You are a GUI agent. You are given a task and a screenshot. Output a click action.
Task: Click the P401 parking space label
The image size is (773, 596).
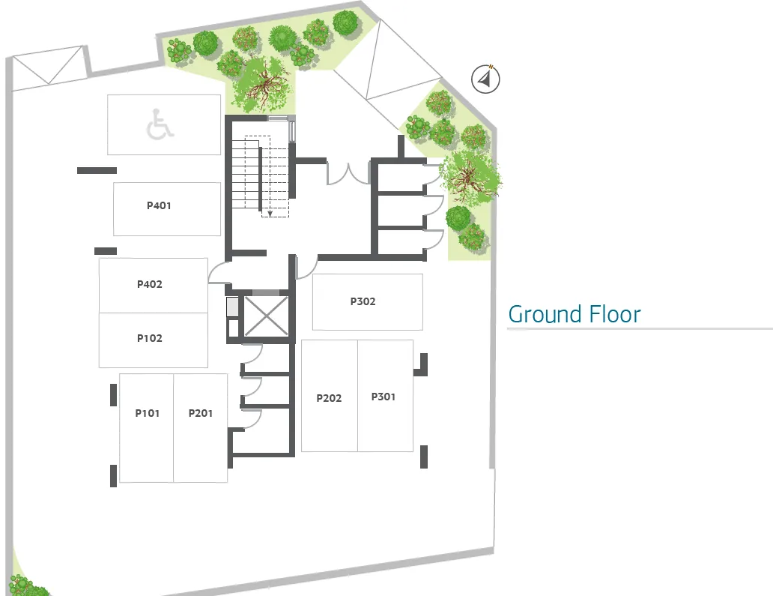(x=159, y=205)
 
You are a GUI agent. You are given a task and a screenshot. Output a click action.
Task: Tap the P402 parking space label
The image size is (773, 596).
(x=149, y=284)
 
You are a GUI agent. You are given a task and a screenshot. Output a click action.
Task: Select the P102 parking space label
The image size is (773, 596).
(x=149, y=338)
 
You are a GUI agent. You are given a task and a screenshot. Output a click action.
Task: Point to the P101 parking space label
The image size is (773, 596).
(x=148, y=413)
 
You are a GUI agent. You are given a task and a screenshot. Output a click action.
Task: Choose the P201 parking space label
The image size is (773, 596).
(x=201, y=413)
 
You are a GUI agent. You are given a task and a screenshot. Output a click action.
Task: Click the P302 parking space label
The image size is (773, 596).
(x=363, y=301)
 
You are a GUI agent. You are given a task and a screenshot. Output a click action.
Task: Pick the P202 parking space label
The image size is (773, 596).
(x=329, y=398)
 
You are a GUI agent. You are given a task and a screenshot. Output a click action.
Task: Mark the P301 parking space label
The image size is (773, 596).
(x=383, y=397)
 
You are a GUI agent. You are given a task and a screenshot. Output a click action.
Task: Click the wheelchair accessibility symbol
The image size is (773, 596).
(x=160, y=124)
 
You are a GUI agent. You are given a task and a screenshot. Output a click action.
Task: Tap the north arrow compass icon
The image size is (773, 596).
(x=485, y=79)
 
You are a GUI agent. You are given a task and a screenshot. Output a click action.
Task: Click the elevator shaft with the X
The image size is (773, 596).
(x=266, y=316)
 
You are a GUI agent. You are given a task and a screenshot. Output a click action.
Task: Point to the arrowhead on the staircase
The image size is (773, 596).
(x=270, y=213)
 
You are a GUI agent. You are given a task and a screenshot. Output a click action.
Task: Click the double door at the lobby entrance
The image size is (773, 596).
(x=348, y=174)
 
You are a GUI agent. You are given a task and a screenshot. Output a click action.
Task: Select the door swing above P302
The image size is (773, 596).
(x=306, y=268)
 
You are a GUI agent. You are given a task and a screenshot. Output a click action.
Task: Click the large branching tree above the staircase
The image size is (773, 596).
(x=262, y=85)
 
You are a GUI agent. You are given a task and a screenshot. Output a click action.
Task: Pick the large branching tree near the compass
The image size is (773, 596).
(x=470, y=176)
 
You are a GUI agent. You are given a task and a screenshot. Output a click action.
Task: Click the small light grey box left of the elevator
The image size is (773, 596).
(x=232, y=307)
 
